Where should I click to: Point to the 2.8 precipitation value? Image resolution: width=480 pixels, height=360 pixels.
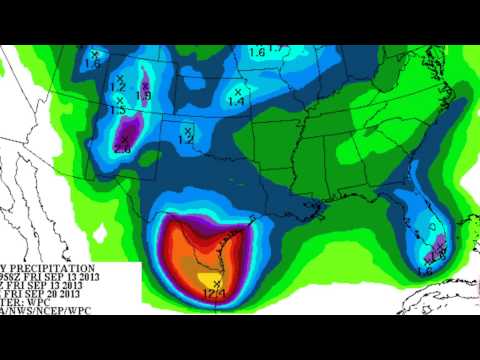point(123,149)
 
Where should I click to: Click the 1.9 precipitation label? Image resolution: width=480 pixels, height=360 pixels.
point(143,96)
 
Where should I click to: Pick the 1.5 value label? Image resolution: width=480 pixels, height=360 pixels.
point(120,110)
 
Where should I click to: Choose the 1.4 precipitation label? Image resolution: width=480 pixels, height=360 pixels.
point(237,102)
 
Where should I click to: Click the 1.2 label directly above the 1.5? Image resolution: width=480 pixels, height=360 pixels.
point(118,88)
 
